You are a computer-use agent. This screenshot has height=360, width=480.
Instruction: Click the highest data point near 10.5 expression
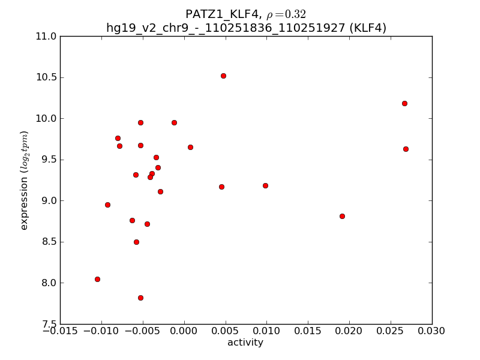click(223, 76)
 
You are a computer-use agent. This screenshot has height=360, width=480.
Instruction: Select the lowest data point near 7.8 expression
click(140, 298)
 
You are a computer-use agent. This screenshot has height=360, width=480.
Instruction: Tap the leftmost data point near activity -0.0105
click(97, 279)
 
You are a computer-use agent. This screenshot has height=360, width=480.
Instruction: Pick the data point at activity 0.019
click(342, 216)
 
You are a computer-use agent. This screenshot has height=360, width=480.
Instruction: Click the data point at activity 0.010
click(265, 185)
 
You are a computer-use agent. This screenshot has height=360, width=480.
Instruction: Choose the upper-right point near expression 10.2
click(404, 103)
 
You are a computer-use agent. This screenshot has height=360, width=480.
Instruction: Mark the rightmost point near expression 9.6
click(406, 149)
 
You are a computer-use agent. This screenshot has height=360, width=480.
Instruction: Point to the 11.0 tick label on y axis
click(47, 37)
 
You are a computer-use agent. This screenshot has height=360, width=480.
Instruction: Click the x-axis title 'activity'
click(245, 343)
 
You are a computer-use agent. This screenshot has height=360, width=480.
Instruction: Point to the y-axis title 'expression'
click(25, 180)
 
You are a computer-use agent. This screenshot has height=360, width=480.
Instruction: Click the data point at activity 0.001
click(190, 147)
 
